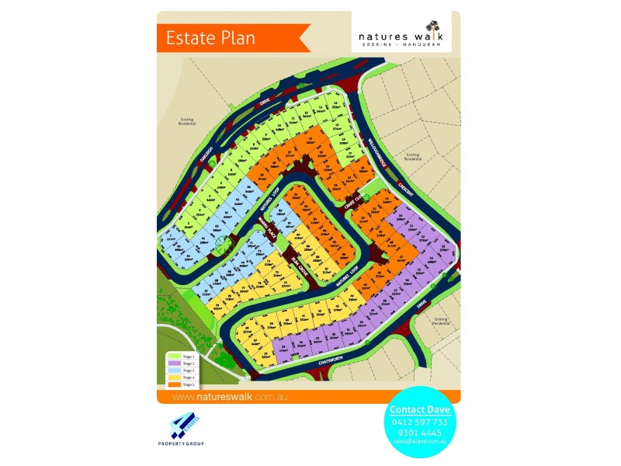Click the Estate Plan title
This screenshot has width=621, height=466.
212,38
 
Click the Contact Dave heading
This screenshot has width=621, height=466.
418,409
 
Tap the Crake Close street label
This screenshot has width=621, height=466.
354,200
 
